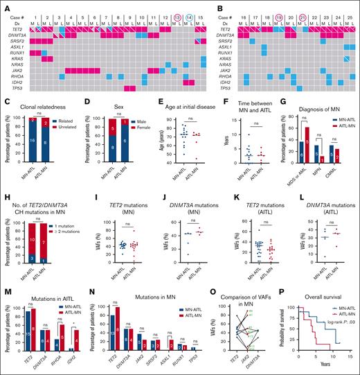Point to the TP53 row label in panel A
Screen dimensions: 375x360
tap(15, 89)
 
